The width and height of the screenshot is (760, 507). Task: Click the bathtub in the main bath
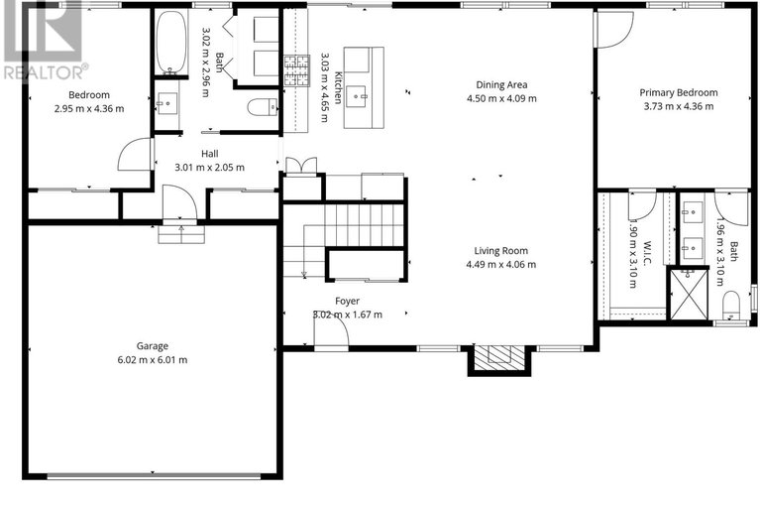click(x=170, y=42)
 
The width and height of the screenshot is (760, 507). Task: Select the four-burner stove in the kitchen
click(x=296, y=67)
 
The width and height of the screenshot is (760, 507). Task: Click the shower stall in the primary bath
click(x=690, y=296)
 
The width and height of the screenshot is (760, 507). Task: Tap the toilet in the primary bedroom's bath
click(x=731, y=302)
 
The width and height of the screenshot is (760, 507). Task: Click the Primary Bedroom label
click(x=680, y=92)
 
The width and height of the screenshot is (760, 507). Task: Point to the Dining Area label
click(x=500, y=84)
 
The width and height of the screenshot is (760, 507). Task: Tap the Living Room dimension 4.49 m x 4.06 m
click(x=500, y=265)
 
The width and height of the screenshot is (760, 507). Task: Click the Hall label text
click(x=210, y=154)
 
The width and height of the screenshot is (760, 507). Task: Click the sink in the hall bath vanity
click(x=167, y=103)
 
